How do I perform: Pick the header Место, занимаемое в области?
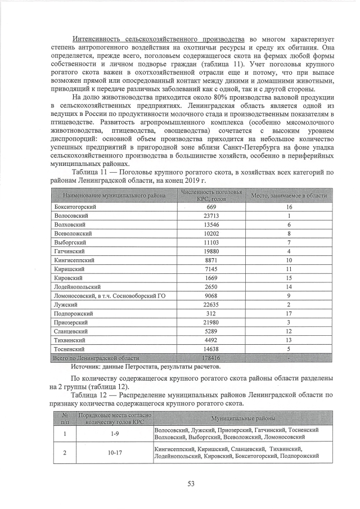tap(289, 195)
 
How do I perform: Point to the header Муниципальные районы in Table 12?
tap(243, 418)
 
